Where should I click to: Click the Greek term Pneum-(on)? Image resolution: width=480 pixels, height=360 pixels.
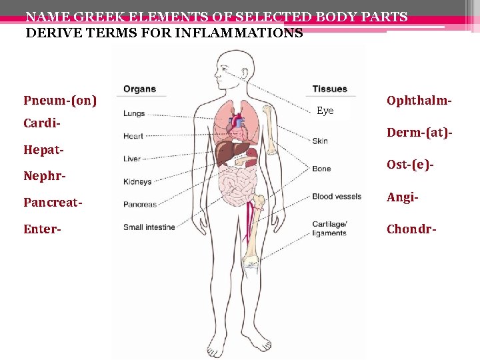pyautogui.click(x=60, y=101)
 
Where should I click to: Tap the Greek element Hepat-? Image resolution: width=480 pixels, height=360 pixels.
pyautogui.click(x=44, y=151)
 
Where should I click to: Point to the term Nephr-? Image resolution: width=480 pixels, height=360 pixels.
pyautogui.click(x=44, y=177)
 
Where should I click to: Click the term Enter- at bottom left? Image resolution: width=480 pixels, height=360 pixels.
pyautogui.click(x=42, y=229)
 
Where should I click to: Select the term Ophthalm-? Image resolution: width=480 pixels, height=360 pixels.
pyautogui.click(x=419, y=100)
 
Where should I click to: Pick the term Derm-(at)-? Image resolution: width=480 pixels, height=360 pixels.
pyautogui.click(x=420, y=133)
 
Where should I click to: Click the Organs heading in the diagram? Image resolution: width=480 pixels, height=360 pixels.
pyautogui.click(x=139, y=89)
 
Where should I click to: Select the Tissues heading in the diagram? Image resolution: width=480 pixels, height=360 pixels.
pyautogui.click(x=329, y=89)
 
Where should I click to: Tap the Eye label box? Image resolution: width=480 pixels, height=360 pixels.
pyautogui.click(x=325, y=111)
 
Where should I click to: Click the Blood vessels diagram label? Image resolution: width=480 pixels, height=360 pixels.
pyautogui.click(x=337, y=197)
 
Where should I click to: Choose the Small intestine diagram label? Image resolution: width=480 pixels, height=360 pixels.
pyautogui.click(x=149, y=227)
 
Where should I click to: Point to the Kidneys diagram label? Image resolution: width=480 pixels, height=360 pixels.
pyautogui.click(x=137, y=181)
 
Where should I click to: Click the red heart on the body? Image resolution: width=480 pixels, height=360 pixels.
pyautogui.click(x=237, y=123)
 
